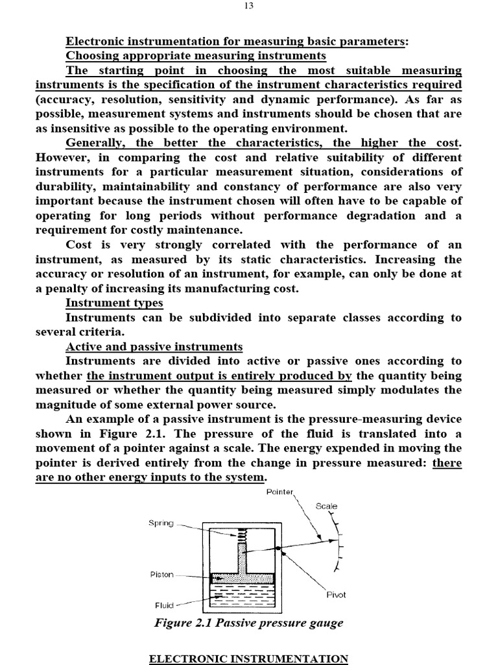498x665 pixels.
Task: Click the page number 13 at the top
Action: tap(249, 6)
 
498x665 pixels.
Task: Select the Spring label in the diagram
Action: tap(161, 523)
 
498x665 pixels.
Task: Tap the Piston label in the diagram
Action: tap(161, 575)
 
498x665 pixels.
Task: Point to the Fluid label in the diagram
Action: tap(165, 605)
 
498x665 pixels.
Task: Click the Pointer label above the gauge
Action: tap(280, 492)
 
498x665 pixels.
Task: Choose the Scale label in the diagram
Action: tap(326, 506)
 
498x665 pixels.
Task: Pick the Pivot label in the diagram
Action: tap(335, 595)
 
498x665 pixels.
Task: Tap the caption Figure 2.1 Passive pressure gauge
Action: tap(248, 623)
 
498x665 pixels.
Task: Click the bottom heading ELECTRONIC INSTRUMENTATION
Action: tap(248, 659)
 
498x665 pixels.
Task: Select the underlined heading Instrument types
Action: tap(114, 303)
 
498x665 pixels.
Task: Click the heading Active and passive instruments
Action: tap(154, 346)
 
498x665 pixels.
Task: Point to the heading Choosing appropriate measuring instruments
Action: tap(196, 56)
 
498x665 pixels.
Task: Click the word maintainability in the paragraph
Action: tap(149, 186)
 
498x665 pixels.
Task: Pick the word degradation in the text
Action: tap(372, 215)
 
